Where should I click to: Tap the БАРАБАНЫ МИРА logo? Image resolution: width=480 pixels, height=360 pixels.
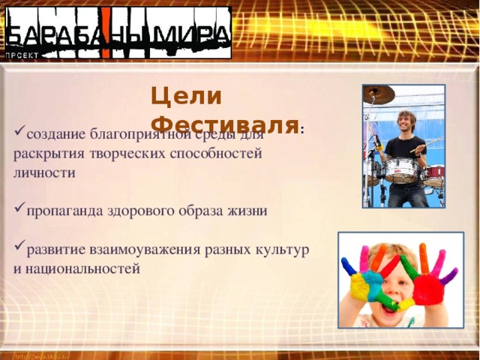[118, 34]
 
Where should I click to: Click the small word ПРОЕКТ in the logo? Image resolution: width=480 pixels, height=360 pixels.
[23, 55]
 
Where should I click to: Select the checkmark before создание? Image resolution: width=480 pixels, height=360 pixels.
[19, 135]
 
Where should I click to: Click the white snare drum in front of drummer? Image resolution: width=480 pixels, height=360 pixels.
[401, 170]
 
